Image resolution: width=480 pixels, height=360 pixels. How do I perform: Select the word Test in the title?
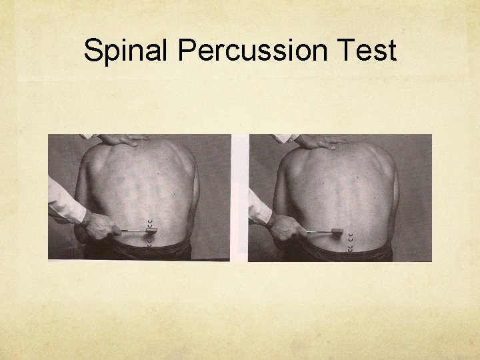(x=367, y=51)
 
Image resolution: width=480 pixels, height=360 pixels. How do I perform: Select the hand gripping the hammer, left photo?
(x=97, y=225)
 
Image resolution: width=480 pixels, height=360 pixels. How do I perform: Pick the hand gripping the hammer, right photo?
(x=285, y=227)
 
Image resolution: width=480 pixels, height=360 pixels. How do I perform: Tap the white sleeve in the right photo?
(x=258, y=205)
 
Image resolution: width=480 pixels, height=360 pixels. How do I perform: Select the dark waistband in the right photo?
(x=347, y=253)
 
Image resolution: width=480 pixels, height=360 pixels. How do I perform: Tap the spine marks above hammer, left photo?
(x=149, y=221)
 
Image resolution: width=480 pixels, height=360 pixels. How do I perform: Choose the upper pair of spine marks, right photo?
(x=351, y=225)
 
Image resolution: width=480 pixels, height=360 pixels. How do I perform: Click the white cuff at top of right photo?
(x=286, y=138)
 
